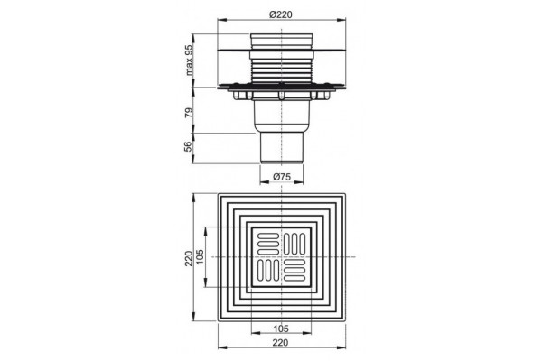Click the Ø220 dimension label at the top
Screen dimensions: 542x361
coord(281,14)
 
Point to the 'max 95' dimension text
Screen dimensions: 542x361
coord(189,60)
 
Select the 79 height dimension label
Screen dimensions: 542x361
coord(189,112)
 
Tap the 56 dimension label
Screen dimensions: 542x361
coord(188,146)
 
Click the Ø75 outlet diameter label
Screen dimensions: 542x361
coord(282,177)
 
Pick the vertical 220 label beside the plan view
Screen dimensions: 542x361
coord(189,258)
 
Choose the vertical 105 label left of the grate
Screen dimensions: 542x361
coord(201,257)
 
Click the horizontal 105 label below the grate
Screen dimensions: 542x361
coord(281,329)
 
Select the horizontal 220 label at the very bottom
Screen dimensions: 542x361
coord(280,342)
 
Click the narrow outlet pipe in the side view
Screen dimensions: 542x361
coord(282,147)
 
